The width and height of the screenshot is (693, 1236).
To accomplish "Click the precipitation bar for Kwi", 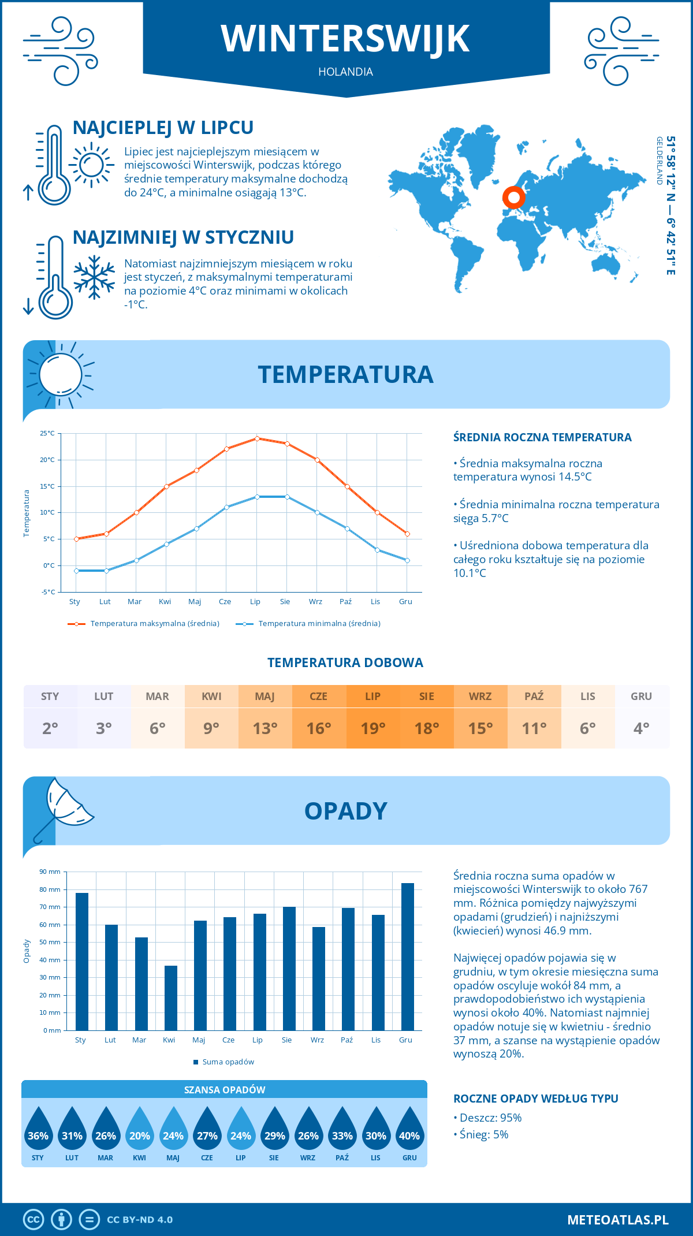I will click(x=171, y=997).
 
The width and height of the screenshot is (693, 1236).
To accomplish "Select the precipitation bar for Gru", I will click(x=408, y=956).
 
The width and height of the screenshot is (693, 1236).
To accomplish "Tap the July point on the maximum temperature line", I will click(x=257, y=438).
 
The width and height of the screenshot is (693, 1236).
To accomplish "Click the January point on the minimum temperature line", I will click(x=76, y=571).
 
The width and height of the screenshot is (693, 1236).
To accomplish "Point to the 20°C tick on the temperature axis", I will click(x=47, y=460).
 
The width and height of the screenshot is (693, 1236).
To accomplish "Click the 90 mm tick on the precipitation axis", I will click(x=50, y=872).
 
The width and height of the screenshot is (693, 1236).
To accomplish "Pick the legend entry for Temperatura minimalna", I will click(x=308, y=624).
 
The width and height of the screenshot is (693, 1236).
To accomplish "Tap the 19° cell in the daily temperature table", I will click(x=372, y=728).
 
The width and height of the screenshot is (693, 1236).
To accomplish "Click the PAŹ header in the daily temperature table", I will click(x=534, y=697).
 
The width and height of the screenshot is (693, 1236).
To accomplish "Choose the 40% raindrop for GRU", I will click(x=409, y=1130).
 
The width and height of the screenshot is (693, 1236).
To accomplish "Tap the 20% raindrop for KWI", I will click(x=140, y=1130).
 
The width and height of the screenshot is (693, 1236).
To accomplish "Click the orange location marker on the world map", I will click(x=513, y=198).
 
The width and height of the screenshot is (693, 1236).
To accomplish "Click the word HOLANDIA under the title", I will click(x=345, y=72).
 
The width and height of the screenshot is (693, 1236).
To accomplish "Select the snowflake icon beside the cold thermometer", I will click(x=94, y=277).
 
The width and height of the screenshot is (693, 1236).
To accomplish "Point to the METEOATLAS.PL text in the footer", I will click(x=617, y=1220).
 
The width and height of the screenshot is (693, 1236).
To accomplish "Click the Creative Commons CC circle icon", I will click(x=33, y=1220).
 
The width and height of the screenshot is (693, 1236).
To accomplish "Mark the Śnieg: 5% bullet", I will click(x=481, y=1134).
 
